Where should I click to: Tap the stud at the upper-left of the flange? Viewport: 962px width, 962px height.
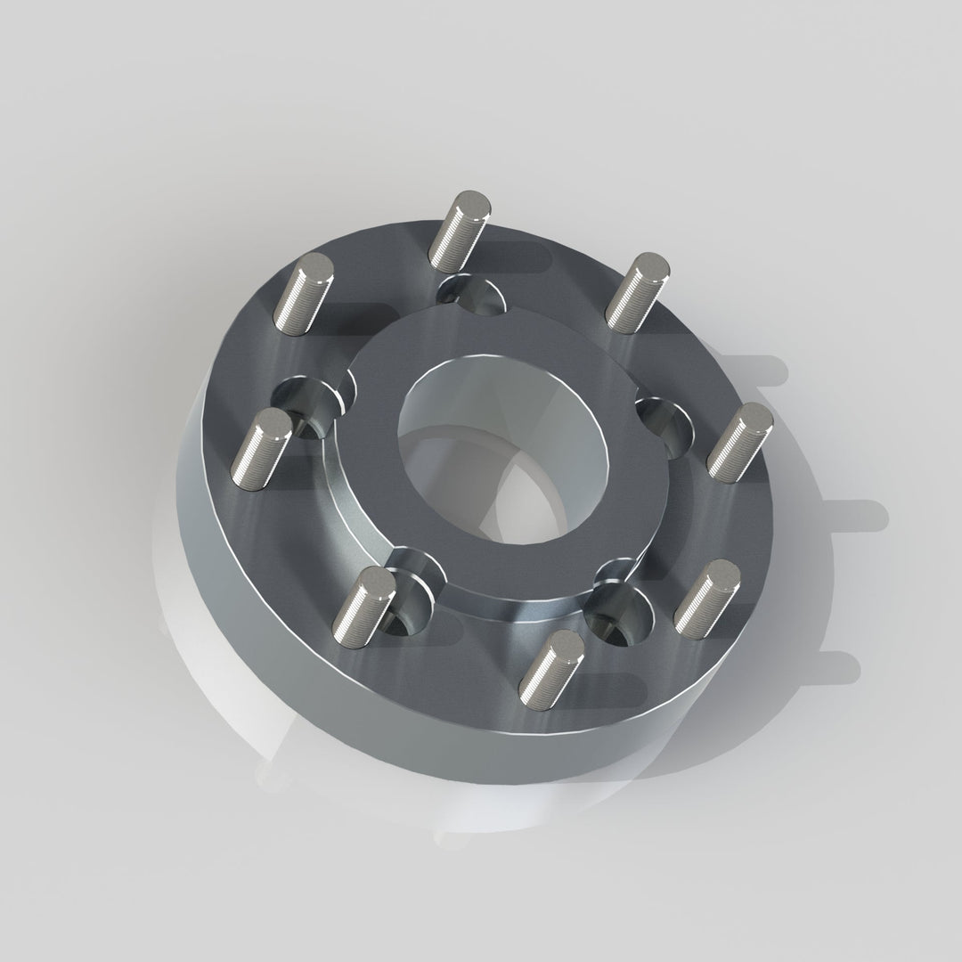[302, 293]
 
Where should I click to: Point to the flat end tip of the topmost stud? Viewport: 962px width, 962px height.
[469, 203]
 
